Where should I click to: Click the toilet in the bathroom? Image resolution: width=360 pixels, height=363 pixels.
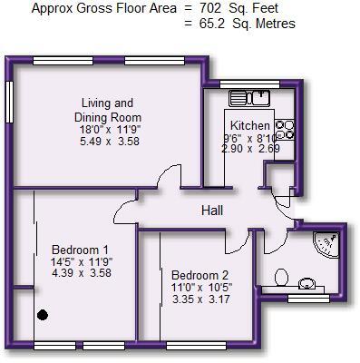(x=280, y=275)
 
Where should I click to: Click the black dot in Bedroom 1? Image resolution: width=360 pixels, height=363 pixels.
(x=42, y=315)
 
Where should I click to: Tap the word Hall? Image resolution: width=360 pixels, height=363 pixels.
(x=212, y=211)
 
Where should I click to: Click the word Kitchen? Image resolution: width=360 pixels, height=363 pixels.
(x=249, y=125)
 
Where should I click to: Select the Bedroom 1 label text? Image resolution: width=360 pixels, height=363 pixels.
(x=80, y=250)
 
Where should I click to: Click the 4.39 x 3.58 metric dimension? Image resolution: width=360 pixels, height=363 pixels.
(x=80, y=273)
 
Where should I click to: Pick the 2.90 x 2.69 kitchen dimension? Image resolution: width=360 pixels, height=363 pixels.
(x=249, y=147)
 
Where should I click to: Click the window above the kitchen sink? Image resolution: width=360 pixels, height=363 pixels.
(x=252, y=83)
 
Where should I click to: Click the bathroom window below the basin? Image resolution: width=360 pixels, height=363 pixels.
(x=307, y=298)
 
